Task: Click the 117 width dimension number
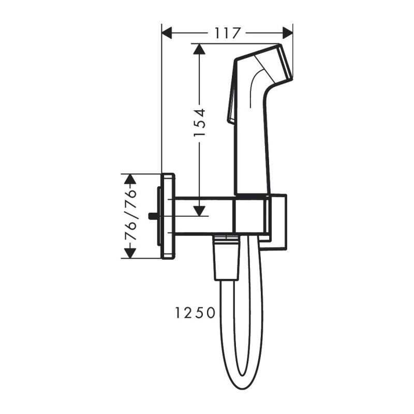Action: click(x=228, y=33)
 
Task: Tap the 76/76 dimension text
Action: click(x=131, y=216)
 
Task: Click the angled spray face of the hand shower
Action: click(x=286, y=62)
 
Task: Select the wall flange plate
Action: click(x=169, y=216)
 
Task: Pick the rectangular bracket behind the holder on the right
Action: click(x=278, y=223)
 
